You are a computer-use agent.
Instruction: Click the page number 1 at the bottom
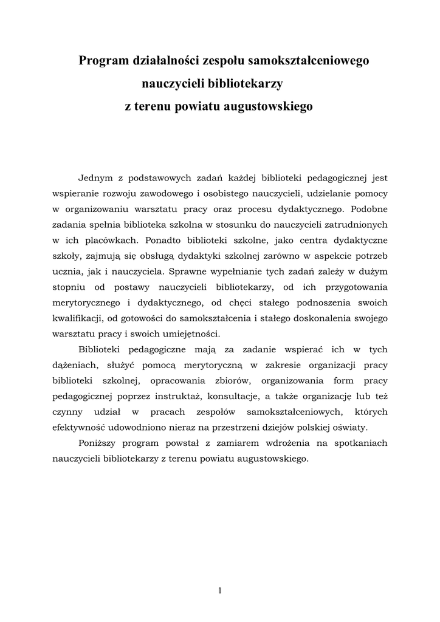[220, 590]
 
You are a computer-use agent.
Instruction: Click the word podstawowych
[160, 179]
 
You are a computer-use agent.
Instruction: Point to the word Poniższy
[100, 443]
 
